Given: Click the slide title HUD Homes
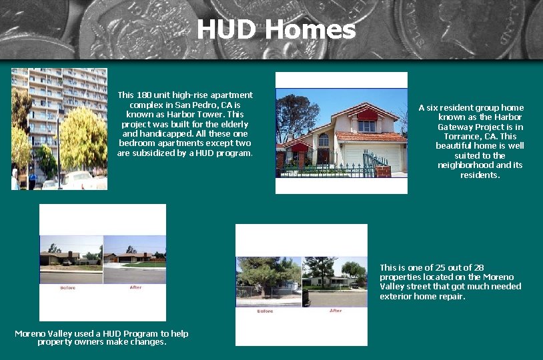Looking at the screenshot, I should pos(276,30).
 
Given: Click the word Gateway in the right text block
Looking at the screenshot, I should pos(458,127).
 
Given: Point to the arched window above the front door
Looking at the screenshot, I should pos(324,140).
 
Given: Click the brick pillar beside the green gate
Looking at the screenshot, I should pos(382,171).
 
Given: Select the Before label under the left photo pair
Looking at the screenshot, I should pos(68,288).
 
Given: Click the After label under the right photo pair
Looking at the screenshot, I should pos(336,311).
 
